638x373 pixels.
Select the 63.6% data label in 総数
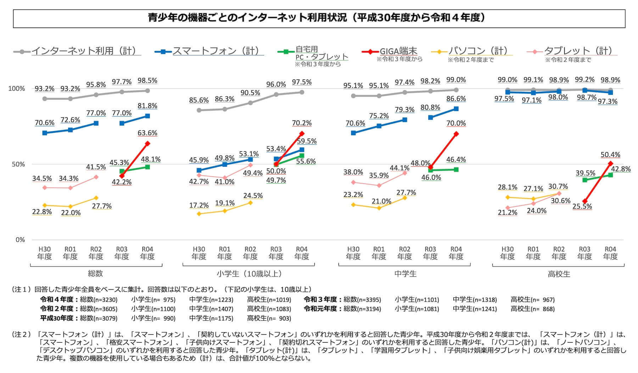147,133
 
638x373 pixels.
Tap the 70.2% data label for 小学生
302,123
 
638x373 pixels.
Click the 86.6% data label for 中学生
456,99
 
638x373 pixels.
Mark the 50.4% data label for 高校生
610,155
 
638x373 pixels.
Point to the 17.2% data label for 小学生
199,205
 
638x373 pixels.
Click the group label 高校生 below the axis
559,274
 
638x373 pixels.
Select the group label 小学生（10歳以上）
249,274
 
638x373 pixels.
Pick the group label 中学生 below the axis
405,274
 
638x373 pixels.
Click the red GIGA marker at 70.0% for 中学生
456,134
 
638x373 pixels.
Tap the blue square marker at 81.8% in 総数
147,116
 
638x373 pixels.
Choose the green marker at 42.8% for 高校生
610,175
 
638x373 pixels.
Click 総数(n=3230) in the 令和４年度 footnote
99,300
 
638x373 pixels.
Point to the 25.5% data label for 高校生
582,206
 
